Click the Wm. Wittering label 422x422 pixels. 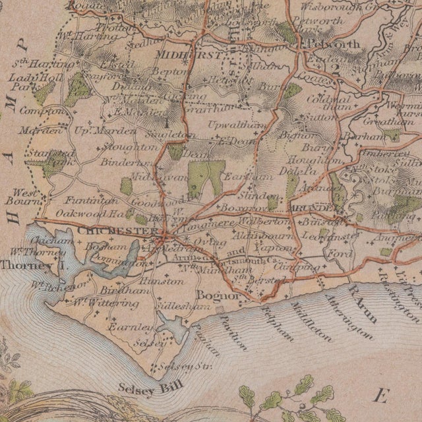coord(105,304)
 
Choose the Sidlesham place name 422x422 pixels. coord(178,308)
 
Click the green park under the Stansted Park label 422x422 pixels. coord(49,169)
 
